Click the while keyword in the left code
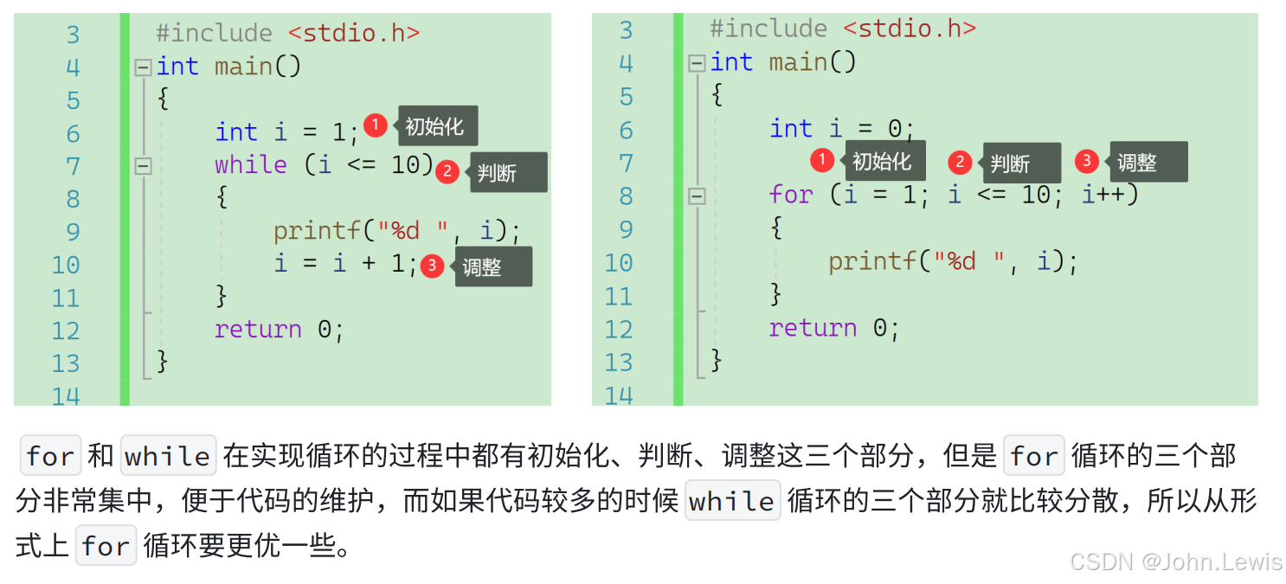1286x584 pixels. [250, 164]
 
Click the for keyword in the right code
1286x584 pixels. [791, 195]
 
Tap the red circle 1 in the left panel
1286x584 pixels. [375, 125]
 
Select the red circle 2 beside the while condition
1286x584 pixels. [447, 171]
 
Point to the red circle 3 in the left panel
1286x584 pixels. [432, 266]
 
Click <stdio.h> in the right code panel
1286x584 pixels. [910, 29]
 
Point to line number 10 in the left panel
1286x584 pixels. [66, 265]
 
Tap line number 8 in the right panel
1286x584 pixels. [627, 196]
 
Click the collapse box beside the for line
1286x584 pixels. [697, 197]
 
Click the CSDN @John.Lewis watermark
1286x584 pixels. [1175, 562]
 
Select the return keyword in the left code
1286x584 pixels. [258, 330]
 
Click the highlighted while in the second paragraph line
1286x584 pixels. [732, 501]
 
